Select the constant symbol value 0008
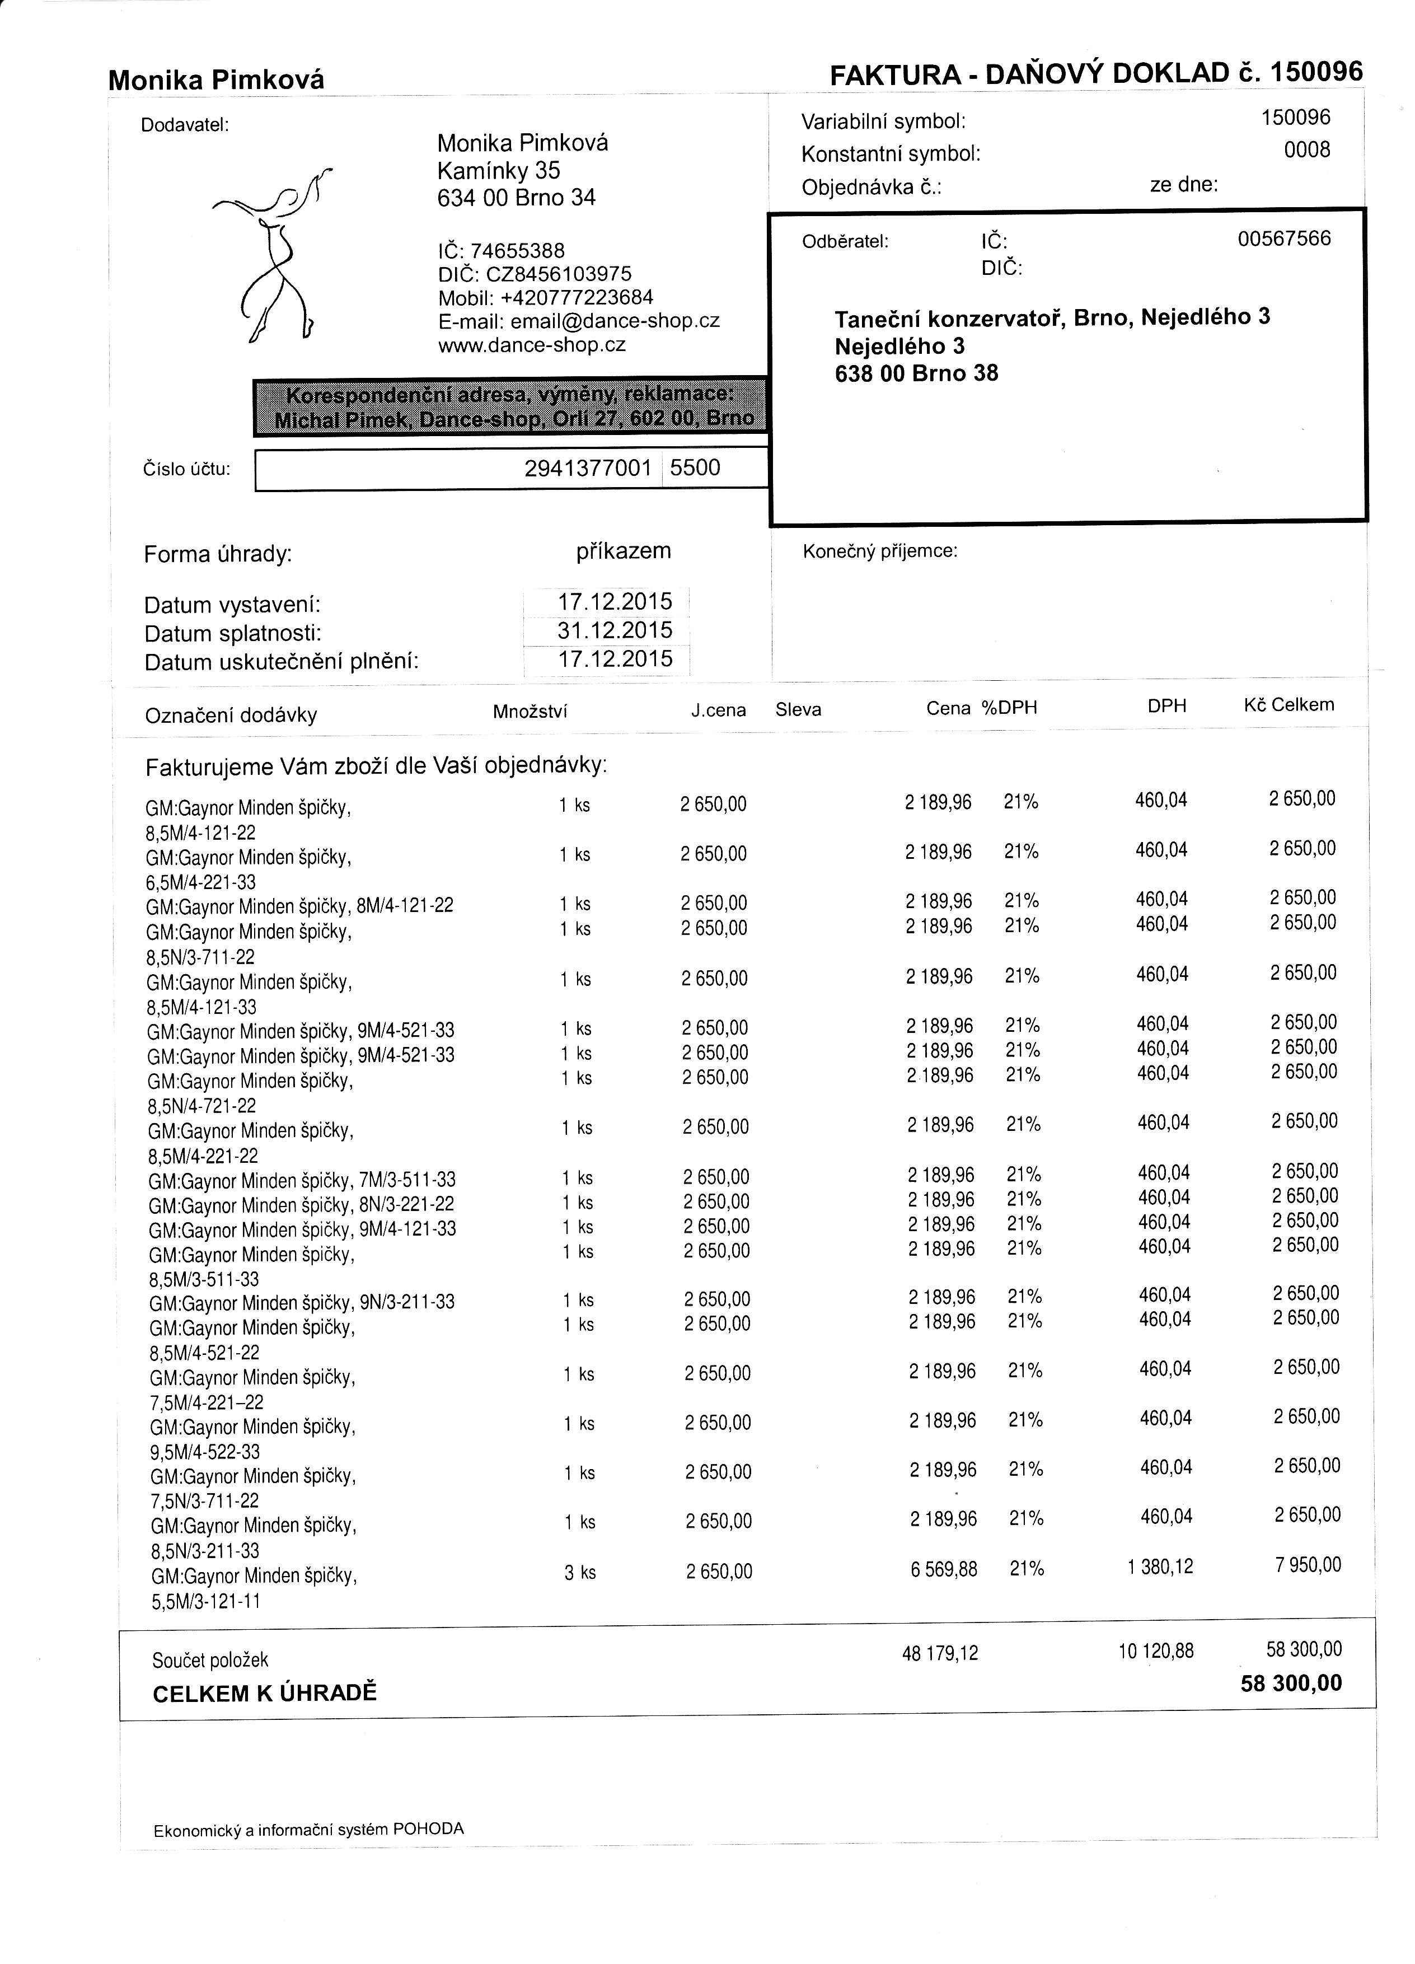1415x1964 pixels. pyautogui.click(x=1306, y=151)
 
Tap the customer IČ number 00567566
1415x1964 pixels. pyautogui.click(x=1283, y=239)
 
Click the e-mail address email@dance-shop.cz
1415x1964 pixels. pyautogui.click(x=615, y=321)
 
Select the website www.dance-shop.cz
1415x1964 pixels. pyautogui.click(x=532, y=345)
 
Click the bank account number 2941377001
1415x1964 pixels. pyautogui.click(x=587, y=469)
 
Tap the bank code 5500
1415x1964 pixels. pyautogui.click(x=695, y=469)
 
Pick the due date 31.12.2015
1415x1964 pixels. pyautogui.click(x=615, y=630)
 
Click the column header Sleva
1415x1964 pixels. pyautogui.click(x=798, y=710)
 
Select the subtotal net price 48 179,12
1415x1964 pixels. pyautogui.click(x=940, y=1654)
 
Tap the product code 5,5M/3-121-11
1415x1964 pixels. pyautogui.click(x=205, y=1602)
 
